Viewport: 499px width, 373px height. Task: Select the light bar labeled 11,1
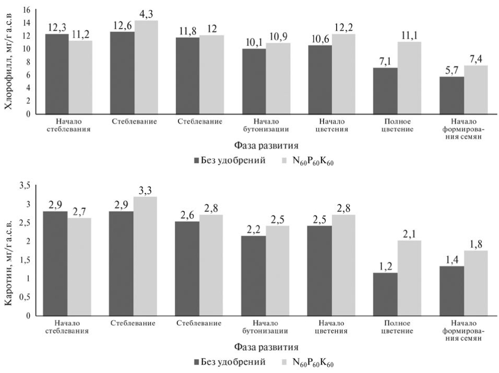tap(409, 78)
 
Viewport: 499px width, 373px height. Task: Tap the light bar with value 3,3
tap(146, 256)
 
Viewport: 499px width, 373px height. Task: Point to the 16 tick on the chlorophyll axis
tap(26, 10)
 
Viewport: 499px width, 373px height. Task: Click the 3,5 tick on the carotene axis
tap(24, 185)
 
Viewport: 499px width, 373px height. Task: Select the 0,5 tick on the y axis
tap(24, 297)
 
